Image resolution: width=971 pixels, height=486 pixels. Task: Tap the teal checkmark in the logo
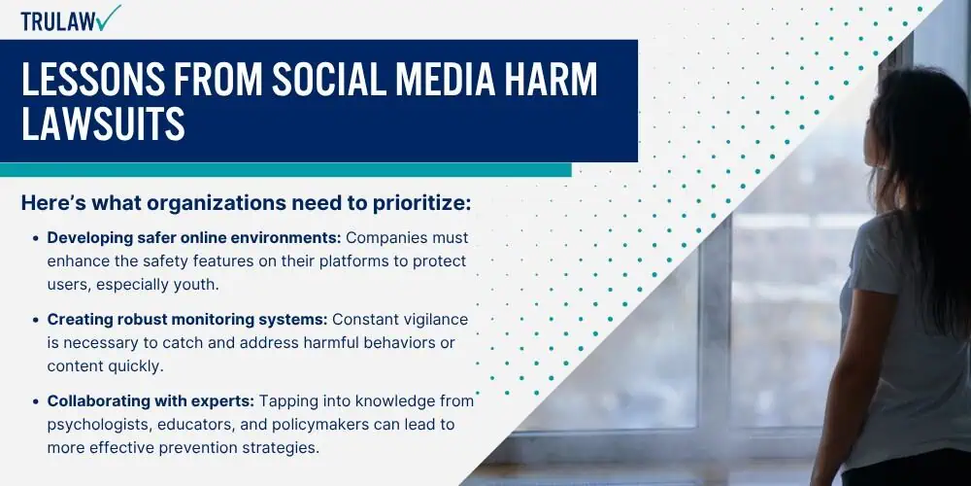coord(109,17)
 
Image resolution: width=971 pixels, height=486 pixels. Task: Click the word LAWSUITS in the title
coord(103,122)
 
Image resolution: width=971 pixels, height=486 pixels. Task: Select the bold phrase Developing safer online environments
coord(194,238)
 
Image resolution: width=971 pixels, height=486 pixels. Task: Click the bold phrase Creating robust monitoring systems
coord(187,320)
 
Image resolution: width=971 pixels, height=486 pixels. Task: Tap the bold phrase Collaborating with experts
coord(151,401)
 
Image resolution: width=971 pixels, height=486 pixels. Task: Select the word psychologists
coord(99,426)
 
